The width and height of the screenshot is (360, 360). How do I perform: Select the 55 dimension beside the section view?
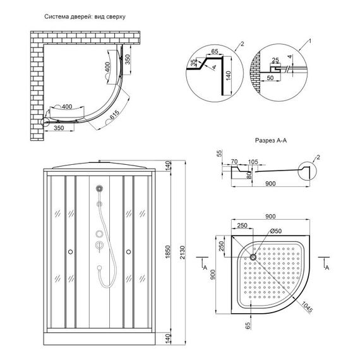(219, 153)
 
